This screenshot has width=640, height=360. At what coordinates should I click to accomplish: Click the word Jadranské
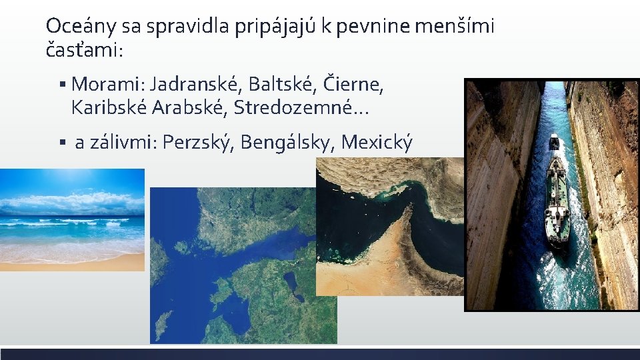tap(197, 85)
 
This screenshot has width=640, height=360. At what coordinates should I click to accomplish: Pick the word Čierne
tap(353, 85)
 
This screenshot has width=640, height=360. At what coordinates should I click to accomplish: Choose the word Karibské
tap(107, 107)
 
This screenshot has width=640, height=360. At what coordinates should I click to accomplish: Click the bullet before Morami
tap(61, 85)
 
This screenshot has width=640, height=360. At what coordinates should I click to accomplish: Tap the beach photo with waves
tap(72, 220)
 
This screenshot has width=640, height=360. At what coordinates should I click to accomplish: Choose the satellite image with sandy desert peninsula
tap(389, 227)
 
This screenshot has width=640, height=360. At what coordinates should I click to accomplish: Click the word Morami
tap(107, 85)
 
